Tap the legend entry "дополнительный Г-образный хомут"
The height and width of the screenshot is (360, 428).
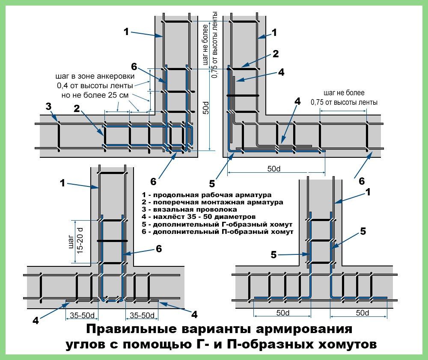click(x=218, y=224)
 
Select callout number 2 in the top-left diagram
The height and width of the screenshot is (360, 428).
click(x=77, y=109)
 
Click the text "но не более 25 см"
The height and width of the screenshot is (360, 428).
click(x=95, y=95)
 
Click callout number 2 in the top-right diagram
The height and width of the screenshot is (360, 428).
click(x=276, y=54)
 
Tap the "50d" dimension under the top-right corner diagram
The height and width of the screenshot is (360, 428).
click(x=274, y=169)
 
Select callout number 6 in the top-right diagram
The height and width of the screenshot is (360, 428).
click(x=362, y=181)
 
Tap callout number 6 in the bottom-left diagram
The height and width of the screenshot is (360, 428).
click(x=159, y=248)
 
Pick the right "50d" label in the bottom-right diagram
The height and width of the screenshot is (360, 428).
click(x=363, y=313)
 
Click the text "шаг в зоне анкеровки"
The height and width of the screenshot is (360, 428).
click(x=95, y=77)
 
